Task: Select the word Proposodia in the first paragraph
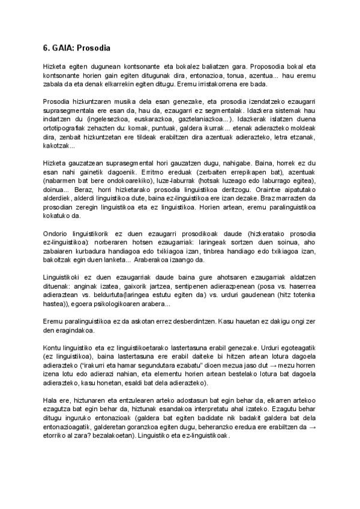tap(268, 66)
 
